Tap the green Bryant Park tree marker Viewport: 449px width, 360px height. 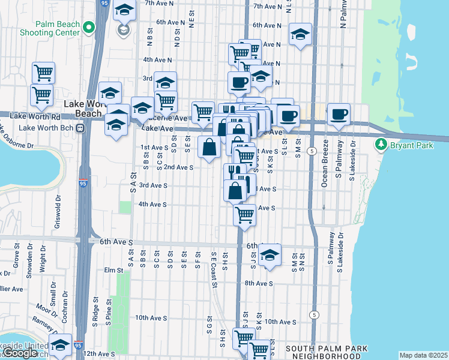[x=380, y=145]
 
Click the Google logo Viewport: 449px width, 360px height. [x=19, y=353]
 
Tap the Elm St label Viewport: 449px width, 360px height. [x=113, y=270]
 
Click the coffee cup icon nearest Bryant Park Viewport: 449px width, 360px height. [x=339, y=114]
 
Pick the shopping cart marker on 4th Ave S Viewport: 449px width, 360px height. [x=245, y=214]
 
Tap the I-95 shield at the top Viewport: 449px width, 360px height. [x=104, y=4]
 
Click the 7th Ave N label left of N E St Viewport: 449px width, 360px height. [x=158, y=4]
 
